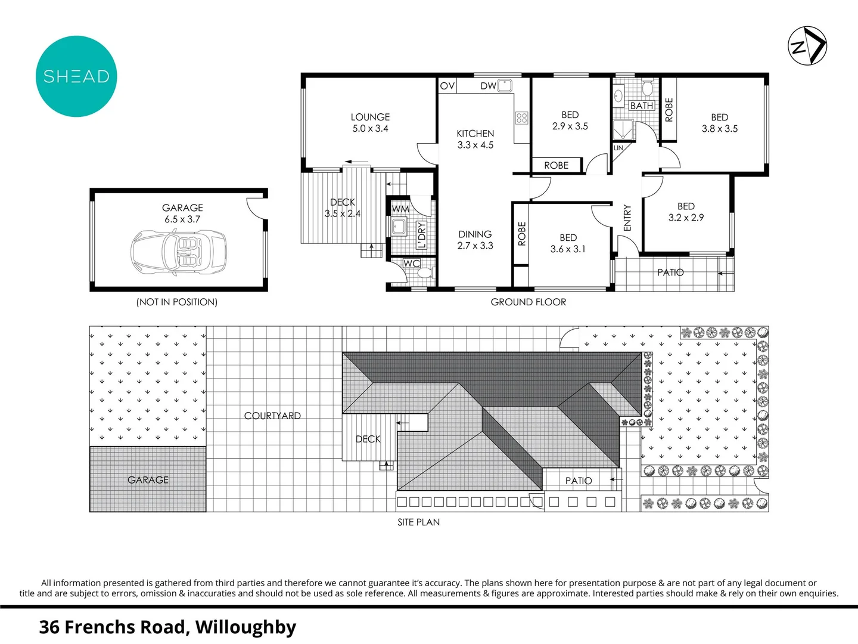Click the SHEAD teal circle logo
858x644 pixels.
click(76, 76)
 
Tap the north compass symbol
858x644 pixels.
click(807, 45)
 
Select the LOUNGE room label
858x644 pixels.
click(370, 117)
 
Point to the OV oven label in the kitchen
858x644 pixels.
click(447, 86)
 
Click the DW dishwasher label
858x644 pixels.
click(488, 86)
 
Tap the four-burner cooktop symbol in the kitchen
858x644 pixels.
click(522, 117)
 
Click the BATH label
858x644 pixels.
click(642, 106)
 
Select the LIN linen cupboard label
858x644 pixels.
click(618, 148)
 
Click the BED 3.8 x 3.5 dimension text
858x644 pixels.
click(719, 129)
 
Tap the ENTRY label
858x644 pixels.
click(627, 218)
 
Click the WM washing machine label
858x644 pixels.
click(400, 209)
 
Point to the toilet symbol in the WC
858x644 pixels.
click(425, 273)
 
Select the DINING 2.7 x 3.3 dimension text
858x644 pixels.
click(475, 246)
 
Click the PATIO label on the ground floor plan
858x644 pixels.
click(670, 273)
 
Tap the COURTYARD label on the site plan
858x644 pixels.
click(272, 416)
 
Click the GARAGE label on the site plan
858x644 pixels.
click(148, 480)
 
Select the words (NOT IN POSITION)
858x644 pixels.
click(177, 302)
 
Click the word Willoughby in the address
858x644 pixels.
click(245, 627)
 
